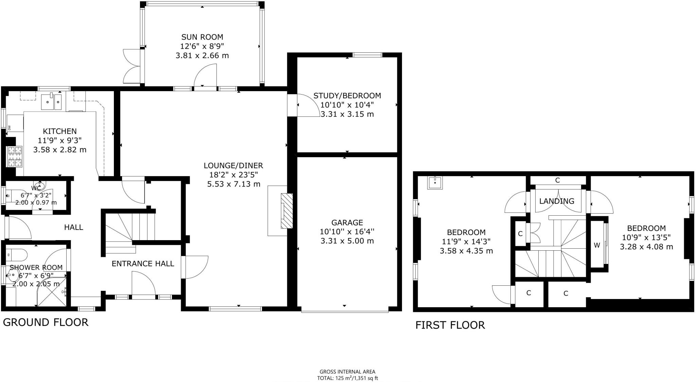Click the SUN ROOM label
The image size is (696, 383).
pyautogui.click(x=202, y=37)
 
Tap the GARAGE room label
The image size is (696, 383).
pyautogui.click(x=347, y=223)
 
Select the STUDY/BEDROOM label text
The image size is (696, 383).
pyautogui.click(x=347, y=96)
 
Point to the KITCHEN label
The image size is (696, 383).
pyautogui.click(x=60, y=131)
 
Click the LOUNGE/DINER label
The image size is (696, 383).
pyautogui.click(x=233, y=166)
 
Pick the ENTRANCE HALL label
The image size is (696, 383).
pyautogui.click(x=143, y=264)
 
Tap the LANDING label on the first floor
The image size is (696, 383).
pyautogui.click(x=557, y=201)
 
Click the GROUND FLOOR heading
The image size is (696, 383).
pyautogui.click(x=46, y=322)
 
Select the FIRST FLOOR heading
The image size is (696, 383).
pyautogui.click(x=450, y=325)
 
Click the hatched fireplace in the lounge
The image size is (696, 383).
pyautogui.click(x=286, y=211)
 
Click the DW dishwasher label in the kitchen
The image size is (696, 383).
pyautogui.click(x=10, y=128)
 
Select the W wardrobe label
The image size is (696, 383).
pyautogui.click(x=597, y=245)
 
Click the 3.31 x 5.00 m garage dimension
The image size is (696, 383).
pyautogui.click(x=347, y=241)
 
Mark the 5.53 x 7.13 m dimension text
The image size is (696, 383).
pyautogui.click(x=233, y=184)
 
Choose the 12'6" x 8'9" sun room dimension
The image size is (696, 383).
pyautogui.click(x=202, y=46)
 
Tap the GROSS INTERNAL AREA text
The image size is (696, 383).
pyautogui.click(x=347, y=372)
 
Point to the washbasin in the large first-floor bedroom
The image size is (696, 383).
pyautogui.click(x=435, y=183)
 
